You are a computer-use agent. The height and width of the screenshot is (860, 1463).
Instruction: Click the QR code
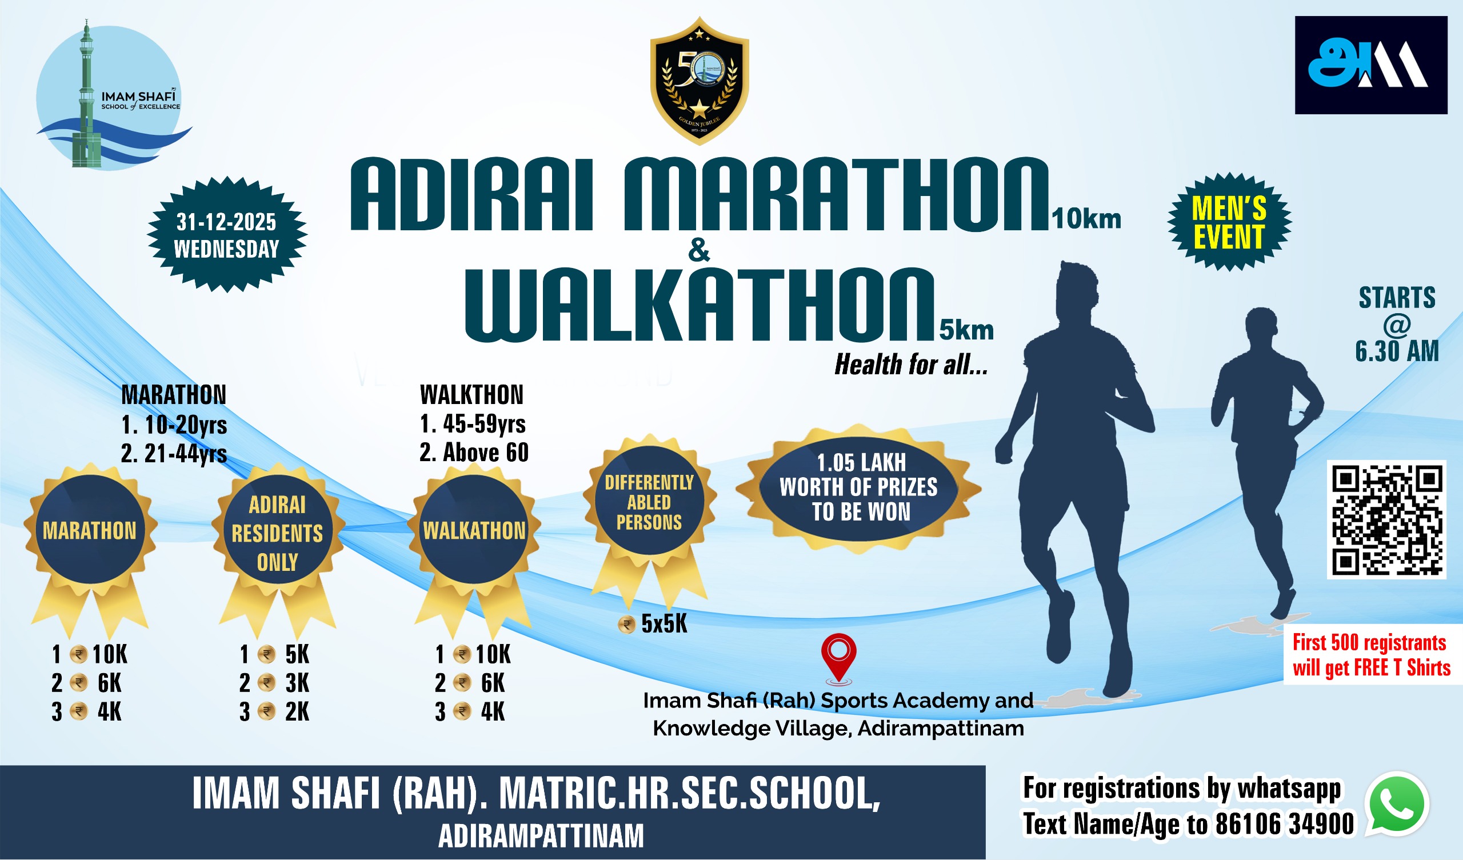1386,520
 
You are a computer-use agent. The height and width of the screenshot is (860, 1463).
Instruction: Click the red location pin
839,659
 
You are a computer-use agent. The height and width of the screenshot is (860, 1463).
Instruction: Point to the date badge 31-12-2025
227,235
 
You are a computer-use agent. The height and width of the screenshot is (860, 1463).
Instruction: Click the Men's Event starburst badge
1229,222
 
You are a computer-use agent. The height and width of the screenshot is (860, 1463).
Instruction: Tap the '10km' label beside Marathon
1086,219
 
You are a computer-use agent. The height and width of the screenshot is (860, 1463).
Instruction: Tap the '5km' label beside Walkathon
966,330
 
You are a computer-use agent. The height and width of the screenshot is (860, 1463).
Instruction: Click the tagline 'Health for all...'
911,365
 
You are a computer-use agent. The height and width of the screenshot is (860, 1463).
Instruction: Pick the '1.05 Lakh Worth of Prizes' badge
858,488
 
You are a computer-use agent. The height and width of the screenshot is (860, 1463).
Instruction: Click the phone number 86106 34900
1285,823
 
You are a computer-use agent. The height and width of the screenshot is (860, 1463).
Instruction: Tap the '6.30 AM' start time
1397,351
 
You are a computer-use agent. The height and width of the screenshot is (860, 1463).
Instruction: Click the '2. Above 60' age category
474,453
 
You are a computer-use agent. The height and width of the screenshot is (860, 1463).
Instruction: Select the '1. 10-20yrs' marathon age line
174,425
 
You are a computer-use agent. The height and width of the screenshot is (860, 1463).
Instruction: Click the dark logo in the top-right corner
1370,65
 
